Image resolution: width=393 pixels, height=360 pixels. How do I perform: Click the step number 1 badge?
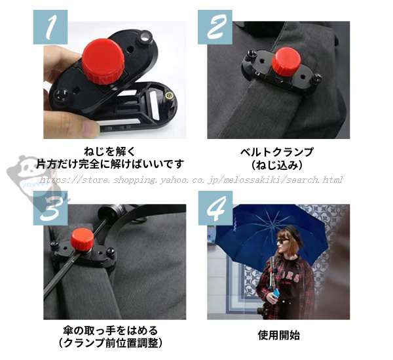pos(50,27)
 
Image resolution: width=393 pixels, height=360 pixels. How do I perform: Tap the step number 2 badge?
pos(215,27)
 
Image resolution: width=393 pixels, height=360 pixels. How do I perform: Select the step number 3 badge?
pos(50,209)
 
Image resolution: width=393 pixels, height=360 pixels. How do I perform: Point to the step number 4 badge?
pos(215,209)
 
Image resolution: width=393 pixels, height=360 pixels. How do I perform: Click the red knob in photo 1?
pos(103,61)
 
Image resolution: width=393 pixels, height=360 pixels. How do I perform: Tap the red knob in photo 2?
pos(286,60)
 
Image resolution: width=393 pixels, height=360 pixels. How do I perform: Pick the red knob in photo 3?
pos(82,238)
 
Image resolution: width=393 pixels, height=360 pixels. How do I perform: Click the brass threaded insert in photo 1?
pos(169,95)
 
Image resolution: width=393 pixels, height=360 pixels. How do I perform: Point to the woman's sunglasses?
pos(282,241)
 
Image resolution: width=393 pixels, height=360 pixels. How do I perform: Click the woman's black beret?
pos(293,233)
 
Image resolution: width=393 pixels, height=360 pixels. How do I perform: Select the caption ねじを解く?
pos(109,151)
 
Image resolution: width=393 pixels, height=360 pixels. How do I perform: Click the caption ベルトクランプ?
pos(276,152)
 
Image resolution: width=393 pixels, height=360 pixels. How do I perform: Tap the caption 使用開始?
pos(279,335)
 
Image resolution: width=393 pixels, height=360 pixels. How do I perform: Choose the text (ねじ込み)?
pos(276,165)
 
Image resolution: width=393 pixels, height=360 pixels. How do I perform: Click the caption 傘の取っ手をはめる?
pos(111,330)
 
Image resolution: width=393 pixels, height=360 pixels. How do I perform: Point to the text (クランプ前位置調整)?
pos(111,343)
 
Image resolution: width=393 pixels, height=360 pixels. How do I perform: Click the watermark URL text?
pos(191,180)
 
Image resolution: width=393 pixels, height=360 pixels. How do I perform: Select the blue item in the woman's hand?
pos(276,293)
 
